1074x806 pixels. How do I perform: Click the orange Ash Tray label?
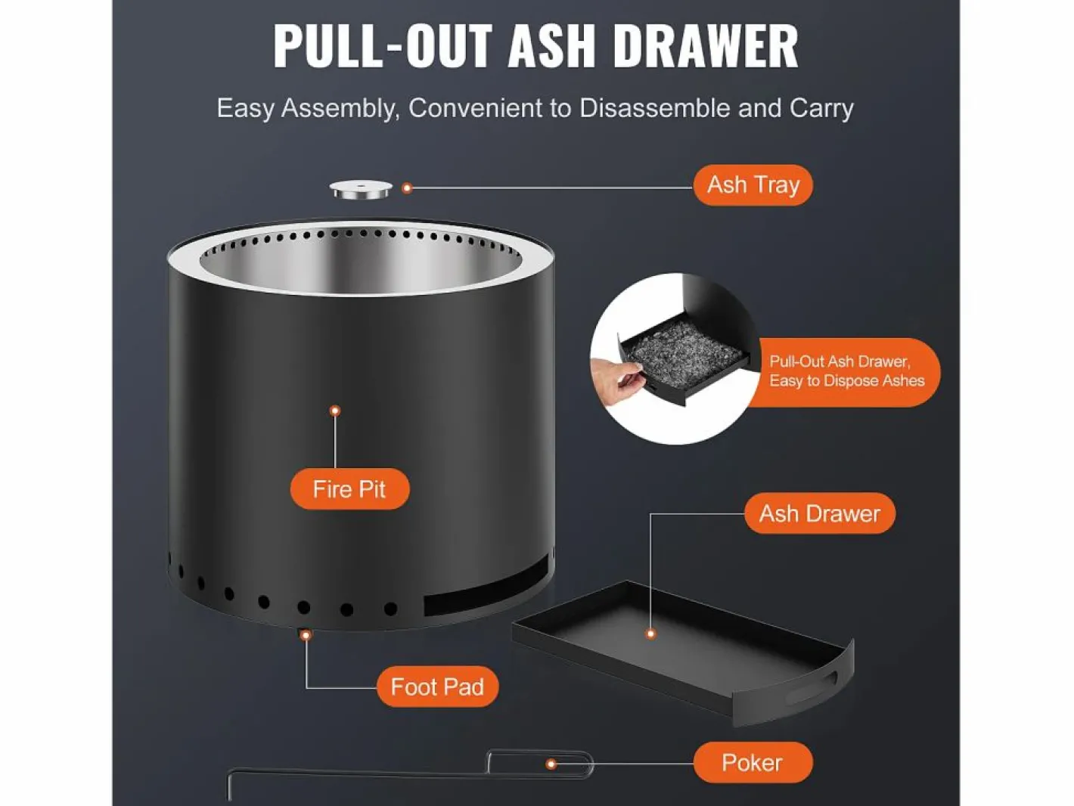tap(753, 185)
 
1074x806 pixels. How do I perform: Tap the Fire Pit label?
tap(349, 489)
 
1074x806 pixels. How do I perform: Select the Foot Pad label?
tap(437, 687)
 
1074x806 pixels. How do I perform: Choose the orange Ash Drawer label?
tap(820, 513)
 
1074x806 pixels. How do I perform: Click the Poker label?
tap(753, 762)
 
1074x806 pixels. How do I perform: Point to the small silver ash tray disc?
tap(361, 190)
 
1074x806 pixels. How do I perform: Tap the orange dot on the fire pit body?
tap(335, 411)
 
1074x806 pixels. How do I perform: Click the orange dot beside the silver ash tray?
tap(407, 188)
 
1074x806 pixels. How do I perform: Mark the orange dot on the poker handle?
tap(551, 764)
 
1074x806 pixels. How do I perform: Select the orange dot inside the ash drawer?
tap(650, 634)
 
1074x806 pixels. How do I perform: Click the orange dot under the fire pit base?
tap(306, 635)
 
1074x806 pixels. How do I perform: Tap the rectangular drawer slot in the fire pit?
tap(486, 586)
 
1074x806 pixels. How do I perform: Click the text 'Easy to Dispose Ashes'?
tap(847, 381)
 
